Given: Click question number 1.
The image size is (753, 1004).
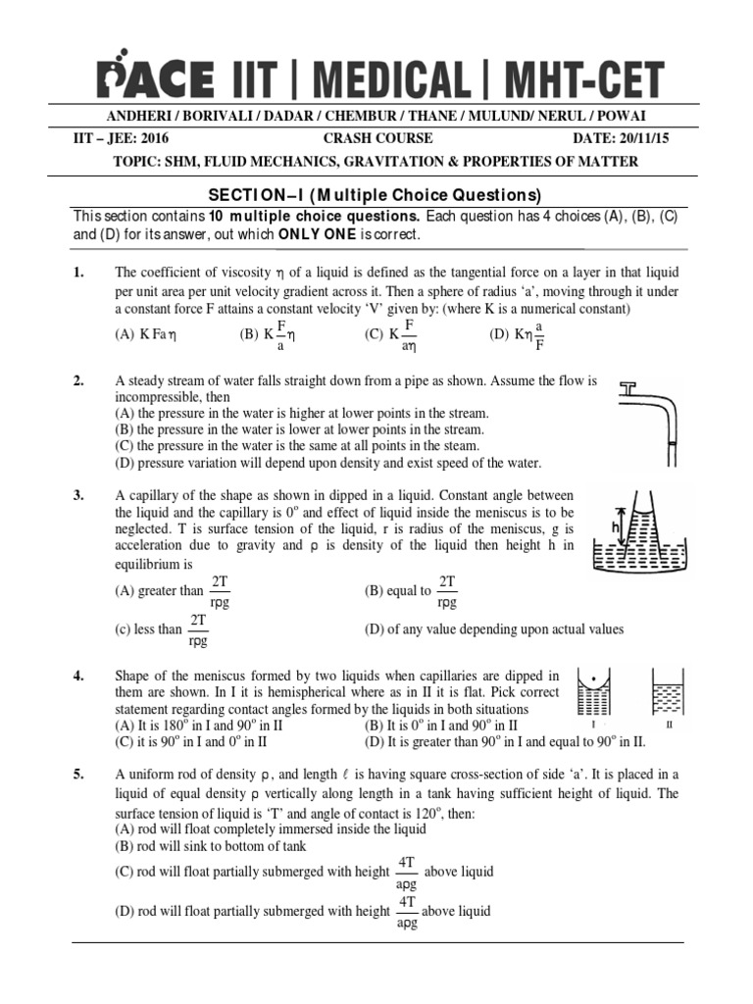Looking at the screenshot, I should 79,272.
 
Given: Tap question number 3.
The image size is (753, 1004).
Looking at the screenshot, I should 79,496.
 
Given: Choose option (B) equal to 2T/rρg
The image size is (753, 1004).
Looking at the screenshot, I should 412,591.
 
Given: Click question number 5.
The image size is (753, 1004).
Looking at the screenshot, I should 79,774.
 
